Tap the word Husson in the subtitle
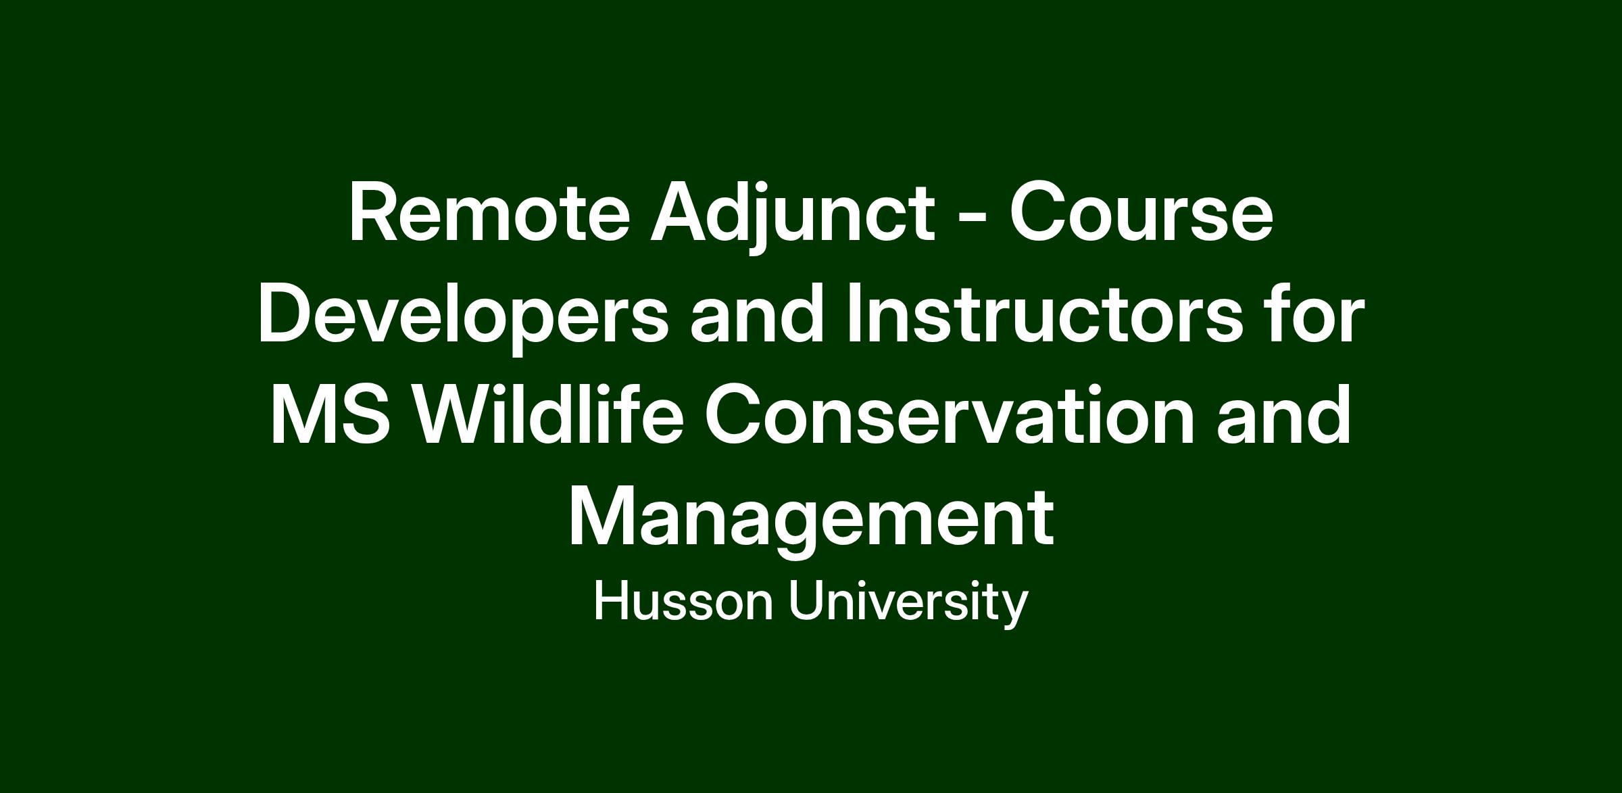pos(683,602)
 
